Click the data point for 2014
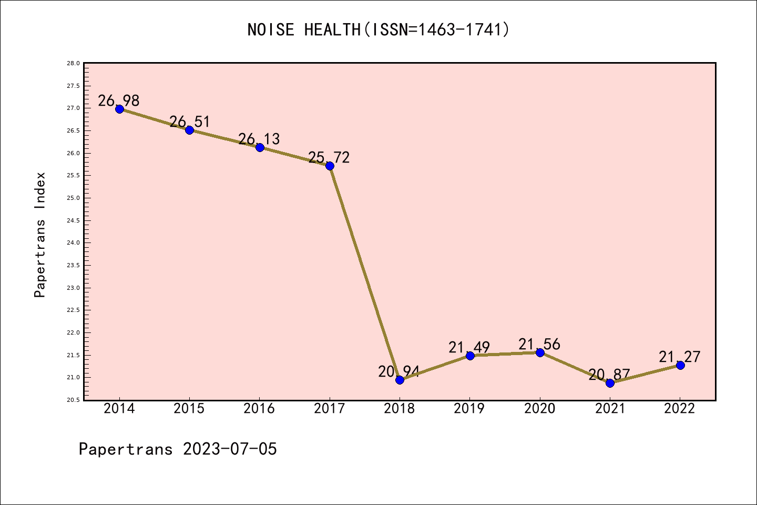click(119, 109)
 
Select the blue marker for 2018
click(400, 380)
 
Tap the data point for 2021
click(610, 383)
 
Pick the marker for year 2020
click(540, 352)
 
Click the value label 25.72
click(329, 157)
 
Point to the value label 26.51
click(189, 122)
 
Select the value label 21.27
click(680, 357)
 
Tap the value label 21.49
click(469, 348)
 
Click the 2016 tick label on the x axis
click(259, 409)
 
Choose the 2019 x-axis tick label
click(469, 409)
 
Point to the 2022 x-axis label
click(680, 409)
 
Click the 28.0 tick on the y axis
click(73, 63)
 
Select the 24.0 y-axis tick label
click(73, 243)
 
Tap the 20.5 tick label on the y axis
click(73, 400)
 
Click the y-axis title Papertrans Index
click(40, 235)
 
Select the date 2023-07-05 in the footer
click(230, 449)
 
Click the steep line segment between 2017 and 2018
click(365, 273)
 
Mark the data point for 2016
click(260, 147)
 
